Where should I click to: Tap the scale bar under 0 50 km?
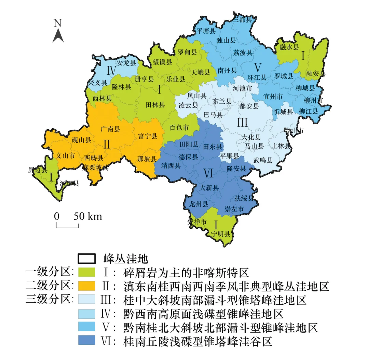(x=67, y=226)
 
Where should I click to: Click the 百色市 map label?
(x=179, y=128)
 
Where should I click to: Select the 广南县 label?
(x=110, y=129)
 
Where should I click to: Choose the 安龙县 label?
(x=126, y=63)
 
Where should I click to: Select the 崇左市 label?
(x=234, y=209)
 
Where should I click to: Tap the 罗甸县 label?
(x=187, y=52)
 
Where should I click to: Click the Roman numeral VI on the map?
(x=208, y=174)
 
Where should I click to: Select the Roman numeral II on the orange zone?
(x=107, y=144)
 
